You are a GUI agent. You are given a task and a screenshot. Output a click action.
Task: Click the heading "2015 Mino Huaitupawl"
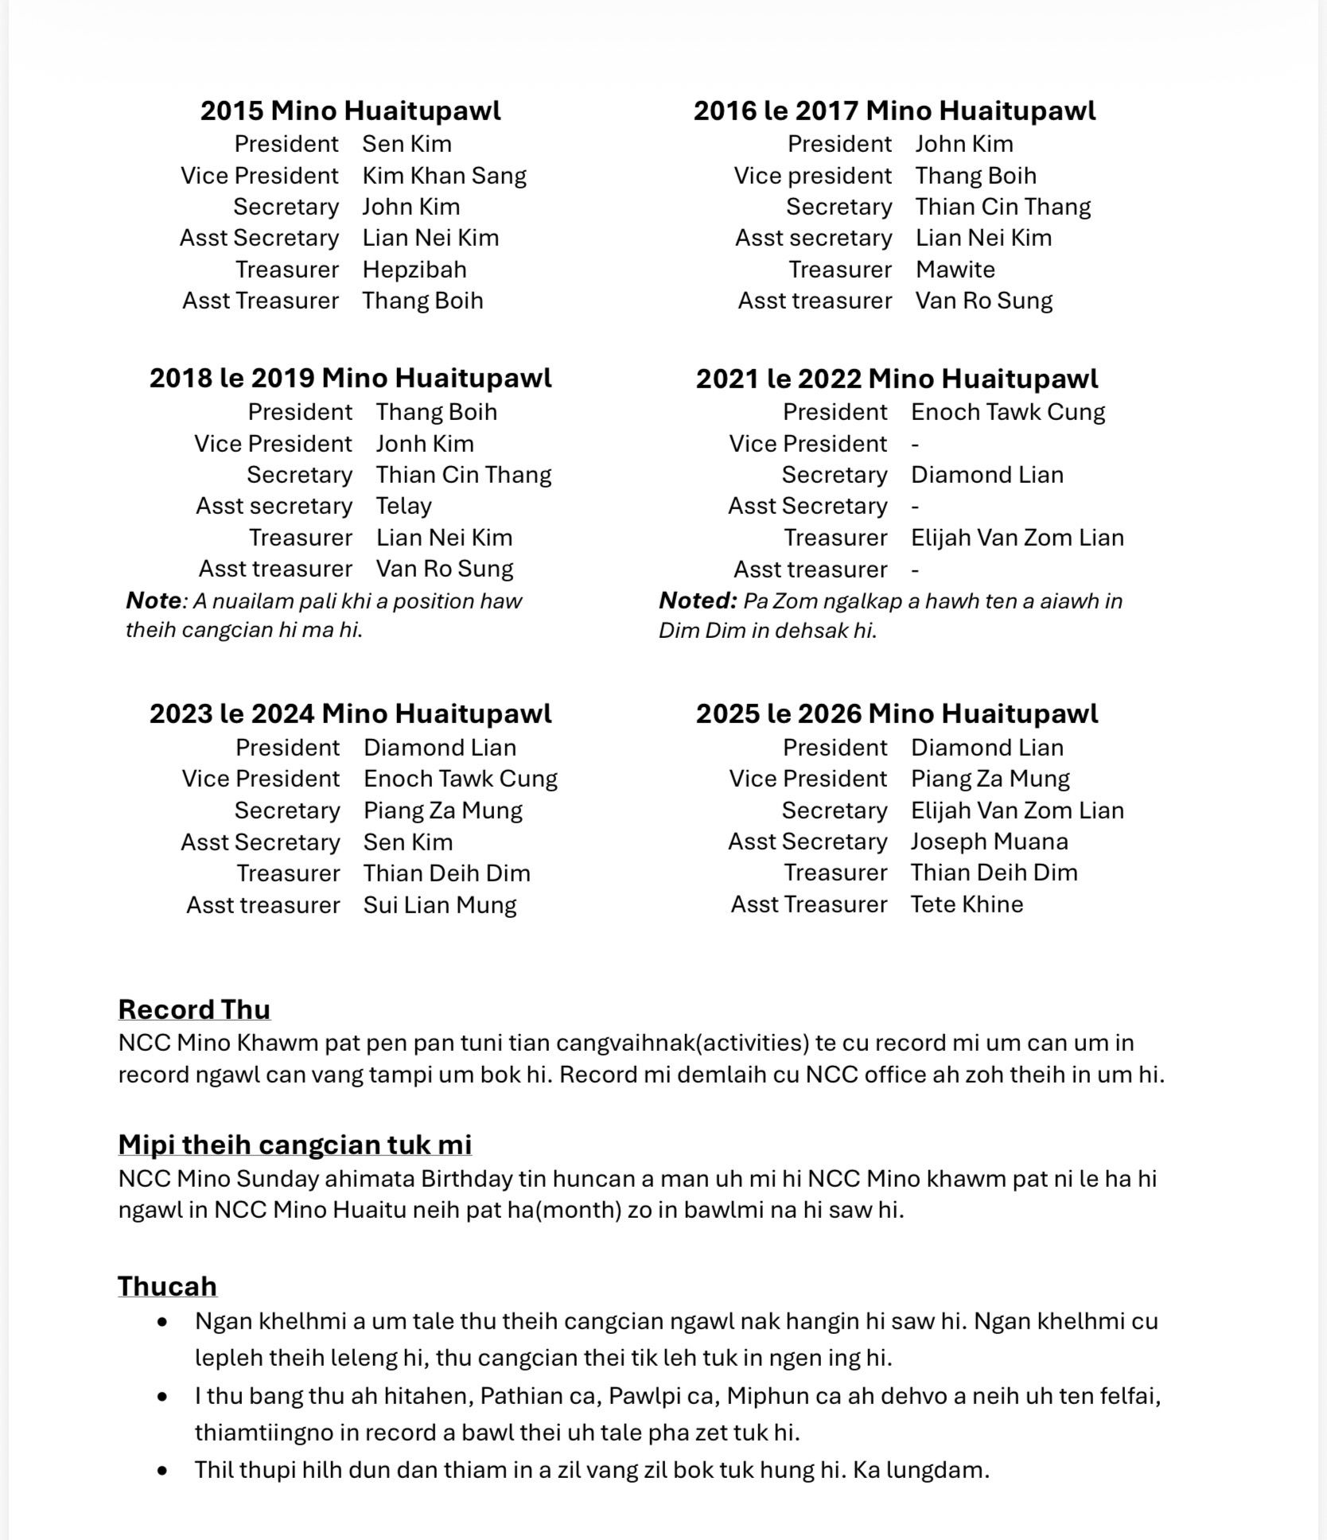click(x=350, y=111)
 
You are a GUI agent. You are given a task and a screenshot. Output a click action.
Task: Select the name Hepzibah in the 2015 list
click(x=414, y=270)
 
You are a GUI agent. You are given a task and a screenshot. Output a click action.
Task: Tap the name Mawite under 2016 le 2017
click(x=955, y=270)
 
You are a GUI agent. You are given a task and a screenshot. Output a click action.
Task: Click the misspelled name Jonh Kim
click(x=425, y=444)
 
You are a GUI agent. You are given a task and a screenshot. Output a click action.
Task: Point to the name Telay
click(x=403, y=506)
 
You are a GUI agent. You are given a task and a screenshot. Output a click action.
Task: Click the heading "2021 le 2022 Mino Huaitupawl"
click(x=897, y=379)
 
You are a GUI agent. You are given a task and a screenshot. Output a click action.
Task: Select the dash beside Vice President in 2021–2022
click(x=915, y=445)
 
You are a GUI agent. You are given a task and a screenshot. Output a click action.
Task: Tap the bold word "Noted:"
click(x=698, y=601)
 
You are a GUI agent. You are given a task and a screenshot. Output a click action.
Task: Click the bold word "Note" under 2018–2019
click(x=154, y=601)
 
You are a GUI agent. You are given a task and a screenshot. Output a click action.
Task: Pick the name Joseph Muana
click(x=989, y=842)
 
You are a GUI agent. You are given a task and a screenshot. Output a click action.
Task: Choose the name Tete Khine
click(x=967, y=904)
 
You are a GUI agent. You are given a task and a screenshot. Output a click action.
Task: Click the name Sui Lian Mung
click(x=440, y=905)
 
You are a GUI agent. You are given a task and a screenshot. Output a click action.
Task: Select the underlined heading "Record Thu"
click(x=194, y=1009)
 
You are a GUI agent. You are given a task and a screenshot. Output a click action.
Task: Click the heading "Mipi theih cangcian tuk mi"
click(x=294, y=1145)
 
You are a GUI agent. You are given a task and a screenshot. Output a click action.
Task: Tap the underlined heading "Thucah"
click(x=167, y=1286)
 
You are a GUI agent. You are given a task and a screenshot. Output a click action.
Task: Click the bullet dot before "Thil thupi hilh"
click(x=163, y=1470)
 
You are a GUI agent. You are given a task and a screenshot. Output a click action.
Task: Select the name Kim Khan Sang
click(x=444, y=176)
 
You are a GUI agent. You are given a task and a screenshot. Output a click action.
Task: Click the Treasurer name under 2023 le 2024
click(x=446, y=873)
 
